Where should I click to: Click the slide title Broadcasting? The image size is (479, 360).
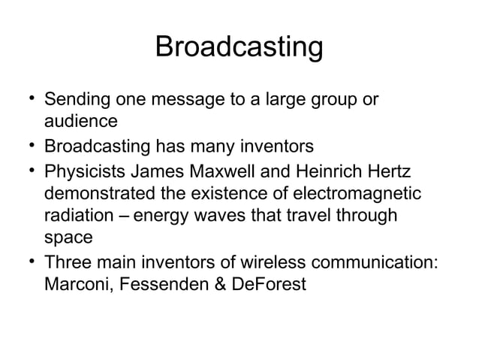tap(239, 47)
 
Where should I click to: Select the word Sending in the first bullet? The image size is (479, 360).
tap(74, 99)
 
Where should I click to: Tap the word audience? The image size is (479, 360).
tap(80, 120)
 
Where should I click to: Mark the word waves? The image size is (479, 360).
tap(212, 216)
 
